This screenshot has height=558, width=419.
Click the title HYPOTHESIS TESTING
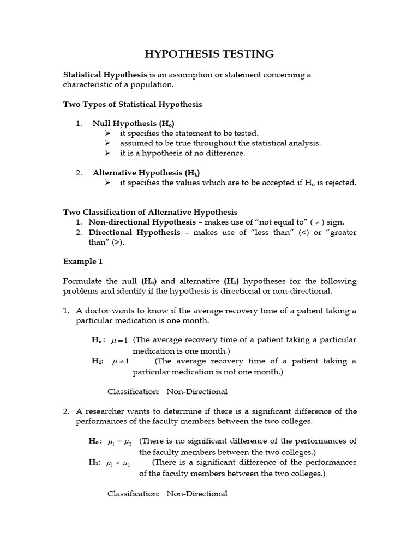click(209, 54)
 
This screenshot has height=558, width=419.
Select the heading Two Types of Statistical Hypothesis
click(133, 104)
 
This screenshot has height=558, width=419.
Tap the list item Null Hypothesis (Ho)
click(133, 124)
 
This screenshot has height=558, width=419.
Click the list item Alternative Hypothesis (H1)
click(143, 173)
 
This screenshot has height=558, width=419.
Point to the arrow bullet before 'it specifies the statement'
click(107, 134)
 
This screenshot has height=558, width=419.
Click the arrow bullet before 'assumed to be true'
click(107, 143)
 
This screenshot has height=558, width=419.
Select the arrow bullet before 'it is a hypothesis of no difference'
click(107, 153)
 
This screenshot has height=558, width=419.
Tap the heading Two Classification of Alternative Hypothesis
click(150, 212)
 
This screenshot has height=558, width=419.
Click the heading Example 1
click(83, 262)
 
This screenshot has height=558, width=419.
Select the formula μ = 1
click(119, 341)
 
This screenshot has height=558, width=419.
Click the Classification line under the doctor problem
click(167, 392)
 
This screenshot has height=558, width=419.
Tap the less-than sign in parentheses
click(302, 233)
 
